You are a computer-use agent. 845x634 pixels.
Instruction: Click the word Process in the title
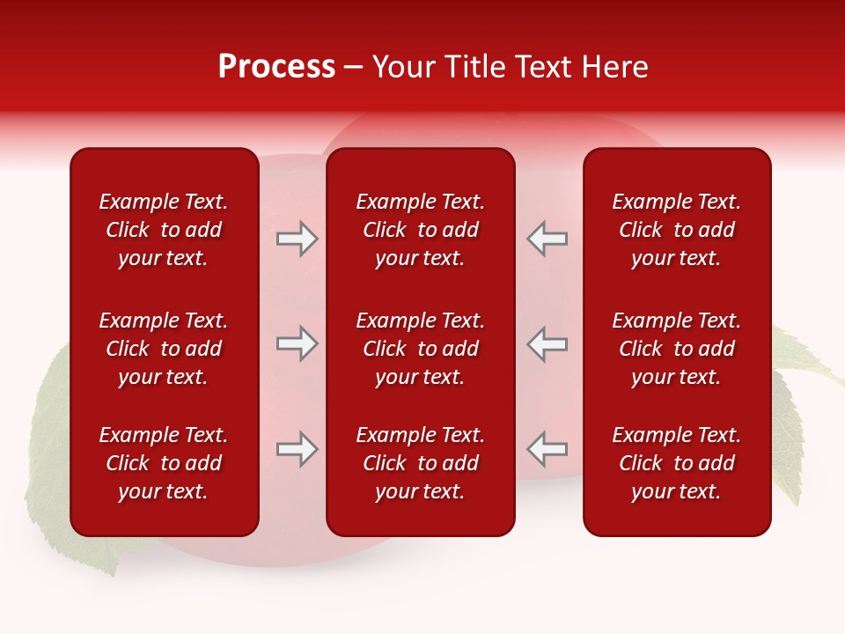(x=276, y=67)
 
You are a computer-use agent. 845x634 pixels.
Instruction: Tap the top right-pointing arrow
(x=298, y=239)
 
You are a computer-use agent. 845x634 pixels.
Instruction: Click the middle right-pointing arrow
(x=298, y=343)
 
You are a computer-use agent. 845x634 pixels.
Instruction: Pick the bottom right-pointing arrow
(x=298, y=448)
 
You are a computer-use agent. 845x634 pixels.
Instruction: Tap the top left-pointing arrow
(x=547, y=239)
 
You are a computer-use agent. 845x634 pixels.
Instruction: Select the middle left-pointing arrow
(x=547, y=343)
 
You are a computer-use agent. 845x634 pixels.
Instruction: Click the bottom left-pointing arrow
(x=547, y=448)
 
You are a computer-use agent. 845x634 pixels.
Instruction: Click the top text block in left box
(x=164, y=230)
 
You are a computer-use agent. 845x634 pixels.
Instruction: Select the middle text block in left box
(x=164, y=349)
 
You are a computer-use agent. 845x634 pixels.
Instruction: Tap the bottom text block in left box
(x=164, y=463)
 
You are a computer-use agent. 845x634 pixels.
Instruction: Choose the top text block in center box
(x=420, y=230)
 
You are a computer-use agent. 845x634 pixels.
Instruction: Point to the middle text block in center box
(x=420, y=349)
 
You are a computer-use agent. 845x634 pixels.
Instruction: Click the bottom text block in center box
(x=420, y=463)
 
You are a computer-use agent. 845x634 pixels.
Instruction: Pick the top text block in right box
(x=676, y=230)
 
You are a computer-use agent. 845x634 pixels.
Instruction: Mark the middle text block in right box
(x=676, y=349)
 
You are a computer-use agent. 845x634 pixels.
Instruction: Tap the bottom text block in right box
(x=676, y=463)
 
